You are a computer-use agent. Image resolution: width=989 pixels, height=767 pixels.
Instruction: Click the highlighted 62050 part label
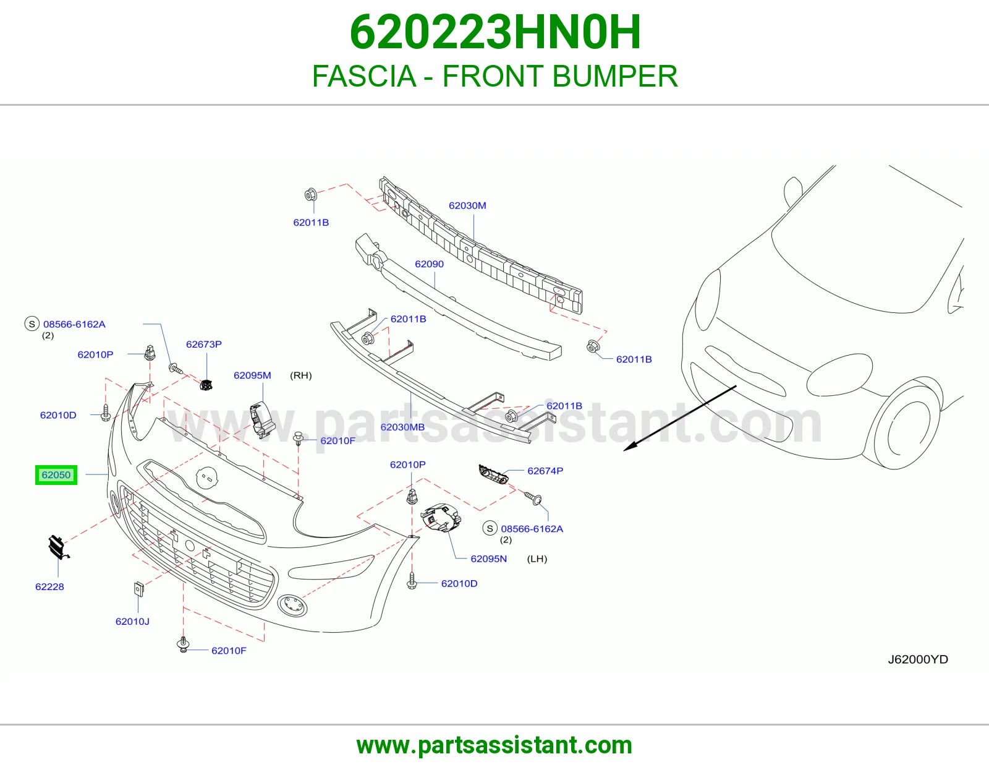(x=56, y=475)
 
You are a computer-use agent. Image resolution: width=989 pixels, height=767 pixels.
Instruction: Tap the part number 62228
(x=49, y=586)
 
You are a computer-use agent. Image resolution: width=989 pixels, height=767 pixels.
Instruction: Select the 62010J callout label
(x=132, y=621)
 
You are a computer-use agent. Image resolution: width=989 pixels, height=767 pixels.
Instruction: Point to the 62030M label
(x=467, y=205)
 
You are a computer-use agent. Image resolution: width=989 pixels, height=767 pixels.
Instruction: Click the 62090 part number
(x=429, y=264)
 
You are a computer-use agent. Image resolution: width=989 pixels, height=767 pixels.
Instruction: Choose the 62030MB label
(x=403, y=427)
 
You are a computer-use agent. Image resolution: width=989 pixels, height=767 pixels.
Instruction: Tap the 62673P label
(x=204, y=344)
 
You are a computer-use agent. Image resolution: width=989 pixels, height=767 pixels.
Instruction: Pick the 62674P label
(x=545, y=471)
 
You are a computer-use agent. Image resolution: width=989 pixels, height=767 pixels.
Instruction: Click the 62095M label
(x=252, y=375)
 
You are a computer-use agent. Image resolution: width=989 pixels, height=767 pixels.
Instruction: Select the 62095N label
(x=489, y=559)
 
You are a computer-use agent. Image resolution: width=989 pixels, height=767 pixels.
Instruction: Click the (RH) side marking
(x=301, y=375)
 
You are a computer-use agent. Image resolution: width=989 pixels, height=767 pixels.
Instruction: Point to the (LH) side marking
(x=537, y=559)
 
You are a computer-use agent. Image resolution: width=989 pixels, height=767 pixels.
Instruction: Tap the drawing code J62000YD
(x=918, y=659)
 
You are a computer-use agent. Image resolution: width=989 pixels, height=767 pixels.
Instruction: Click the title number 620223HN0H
(x=495, y=32)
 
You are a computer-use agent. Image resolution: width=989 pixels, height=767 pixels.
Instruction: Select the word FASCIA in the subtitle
(x=364, y=76)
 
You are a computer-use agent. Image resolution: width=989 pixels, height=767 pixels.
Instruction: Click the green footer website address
(x=494, y=745)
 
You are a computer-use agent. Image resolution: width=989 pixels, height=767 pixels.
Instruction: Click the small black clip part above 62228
(x=58, y=547)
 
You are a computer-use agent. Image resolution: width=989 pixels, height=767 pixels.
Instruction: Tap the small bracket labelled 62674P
(x=493, y=474)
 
